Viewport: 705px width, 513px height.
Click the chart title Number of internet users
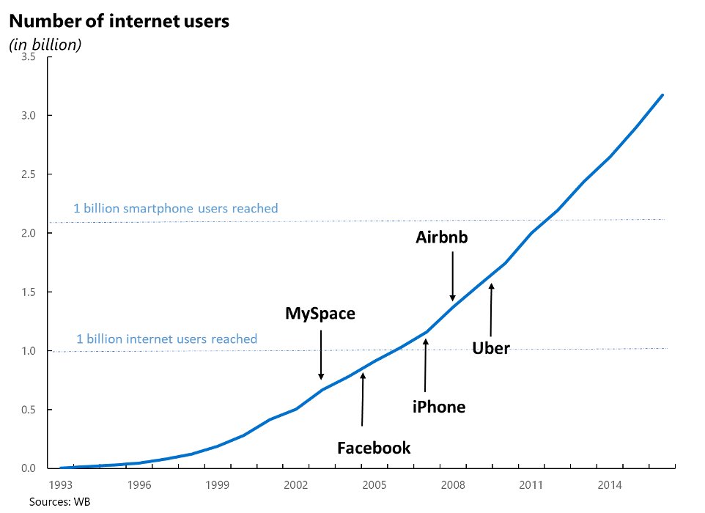[119, 21]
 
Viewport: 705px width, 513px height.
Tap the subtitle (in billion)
[45, 45]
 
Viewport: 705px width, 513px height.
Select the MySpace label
[320, 314]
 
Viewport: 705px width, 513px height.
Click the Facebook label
[374, 448]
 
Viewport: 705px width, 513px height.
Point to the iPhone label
[438, 407]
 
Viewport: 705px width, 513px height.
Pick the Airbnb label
[441, 237]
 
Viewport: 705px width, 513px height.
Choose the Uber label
[491, 348]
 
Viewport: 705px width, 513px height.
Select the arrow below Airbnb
[452, 276]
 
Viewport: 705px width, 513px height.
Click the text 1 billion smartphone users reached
[176, 209]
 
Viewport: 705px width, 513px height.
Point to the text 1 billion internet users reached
[167, 339]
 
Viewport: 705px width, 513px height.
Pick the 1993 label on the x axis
[60, 484]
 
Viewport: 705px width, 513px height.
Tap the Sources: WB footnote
[59, 502]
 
